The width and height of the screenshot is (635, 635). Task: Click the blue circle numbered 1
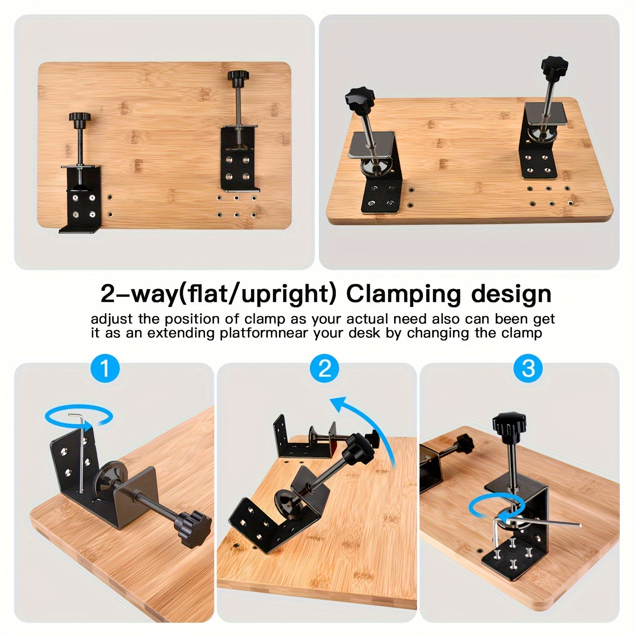(x=105, y=368)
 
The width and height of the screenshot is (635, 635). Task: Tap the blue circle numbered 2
(x=325, y=368)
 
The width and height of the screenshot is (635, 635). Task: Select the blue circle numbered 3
(x=528, y=368)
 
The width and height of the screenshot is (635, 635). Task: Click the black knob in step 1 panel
(x=194, y=525)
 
